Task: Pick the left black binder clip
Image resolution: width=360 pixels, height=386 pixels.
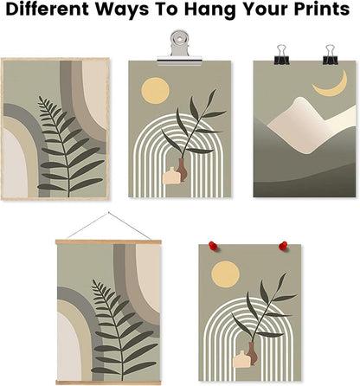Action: click(x=282, y=55)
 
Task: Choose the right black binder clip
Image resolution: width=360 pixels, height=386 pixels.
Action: click(x=330, y=55)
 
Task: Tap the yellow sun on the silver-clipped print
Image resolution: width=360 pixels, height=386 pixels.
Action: click(x=154, y=90)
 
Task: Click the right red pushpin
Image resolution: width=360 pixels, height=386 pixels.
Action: click(x=283, y=247)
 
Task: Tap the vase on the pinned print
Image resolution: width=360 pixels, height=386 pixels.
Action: click(x=247, y=353)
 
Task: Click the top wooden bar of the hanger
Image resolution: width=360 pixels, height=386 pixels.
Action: click(x=108, y=241)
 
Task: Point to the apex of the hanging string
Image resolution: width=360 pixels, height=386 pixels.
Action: click(x=107, y=212)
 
